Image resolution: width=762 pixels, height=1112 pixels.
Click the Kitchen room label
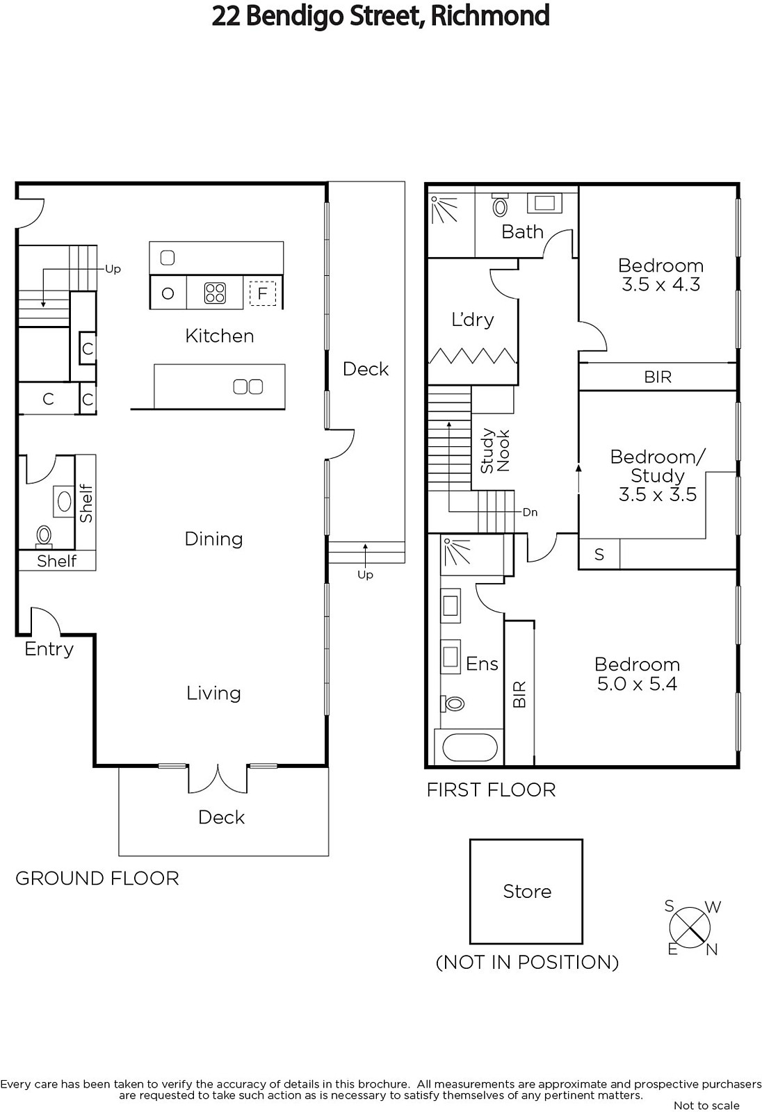point(220,336)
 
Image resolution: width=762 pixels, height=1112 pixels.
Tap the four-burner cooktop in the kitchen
point(215,293)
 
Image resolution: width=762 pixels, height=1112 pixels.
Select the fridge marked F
point(262,293)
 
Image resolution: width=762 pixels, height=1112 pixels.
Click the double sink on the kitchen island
point(248,386)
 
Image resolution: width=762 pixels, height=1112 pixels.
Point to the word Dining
point(213,539)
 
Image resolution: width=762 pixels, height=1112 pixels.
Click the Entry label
point(49,649)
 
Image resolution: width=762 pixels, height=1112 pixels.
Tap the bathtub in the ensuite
point(469,748)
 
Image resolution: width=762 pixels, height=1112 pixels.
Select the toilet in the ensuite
point(453,703)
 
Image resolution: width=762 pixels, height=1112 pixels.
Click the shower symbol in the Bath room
point(444,209)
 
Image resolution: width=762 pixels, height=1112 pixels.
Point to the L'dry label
point(472,319)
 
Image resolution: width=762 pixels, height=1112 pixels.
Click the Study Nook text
point(495,451)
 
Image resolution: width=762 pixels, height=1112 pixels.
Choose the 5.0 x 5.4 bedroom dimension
point(637,684)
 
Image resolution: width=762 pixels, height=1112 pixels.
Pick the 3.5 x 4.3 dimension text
point(660,284)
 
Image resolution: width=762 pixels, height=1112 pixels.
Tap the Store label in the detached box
point(527,892)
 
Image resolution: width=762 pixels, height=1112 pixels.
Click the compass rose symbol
point(690,927)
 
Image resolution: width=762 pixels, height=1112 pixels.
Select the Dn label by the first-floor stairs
point(530,512)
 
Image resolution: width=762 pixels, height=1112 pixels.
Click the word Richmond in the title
point(490,16)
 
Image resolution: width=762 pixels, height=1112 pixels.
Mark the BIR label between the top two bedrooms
point(658,377)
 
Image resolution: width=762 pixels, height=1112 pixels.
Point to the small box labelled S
point(599,554)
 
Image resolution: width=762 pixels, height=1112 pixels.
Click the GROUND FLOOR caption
point(97,878)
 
